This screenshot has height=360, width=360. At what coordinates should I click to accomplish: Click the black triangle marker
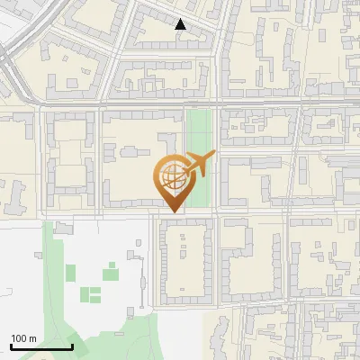coord(181,25)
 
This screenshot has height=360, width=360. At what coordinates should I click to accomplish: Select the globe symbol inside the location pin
coord(171,175)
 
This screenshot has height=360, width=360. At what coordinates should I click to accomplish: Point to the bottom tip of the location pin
coord(171,212)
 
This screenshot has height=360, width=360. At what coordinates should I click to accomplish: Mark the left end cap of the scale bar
coord(11,346)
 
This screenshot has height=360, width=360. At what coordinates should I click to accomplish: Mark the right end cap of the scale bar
coord(72,346)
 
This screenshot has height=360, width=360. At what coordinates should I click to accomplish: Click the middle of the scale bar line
coord(41,347)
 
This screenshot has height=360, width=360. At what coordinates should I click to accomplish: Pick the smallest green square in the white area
coord(112,265)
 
